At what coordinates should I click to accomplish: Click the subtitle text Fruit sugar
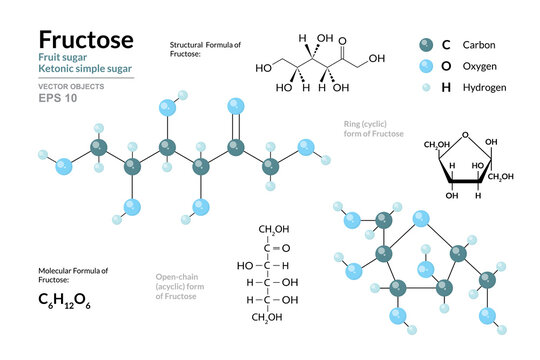pos(67,60)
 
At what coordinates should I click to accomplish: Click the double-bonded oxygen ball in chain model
pos(236,106)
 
